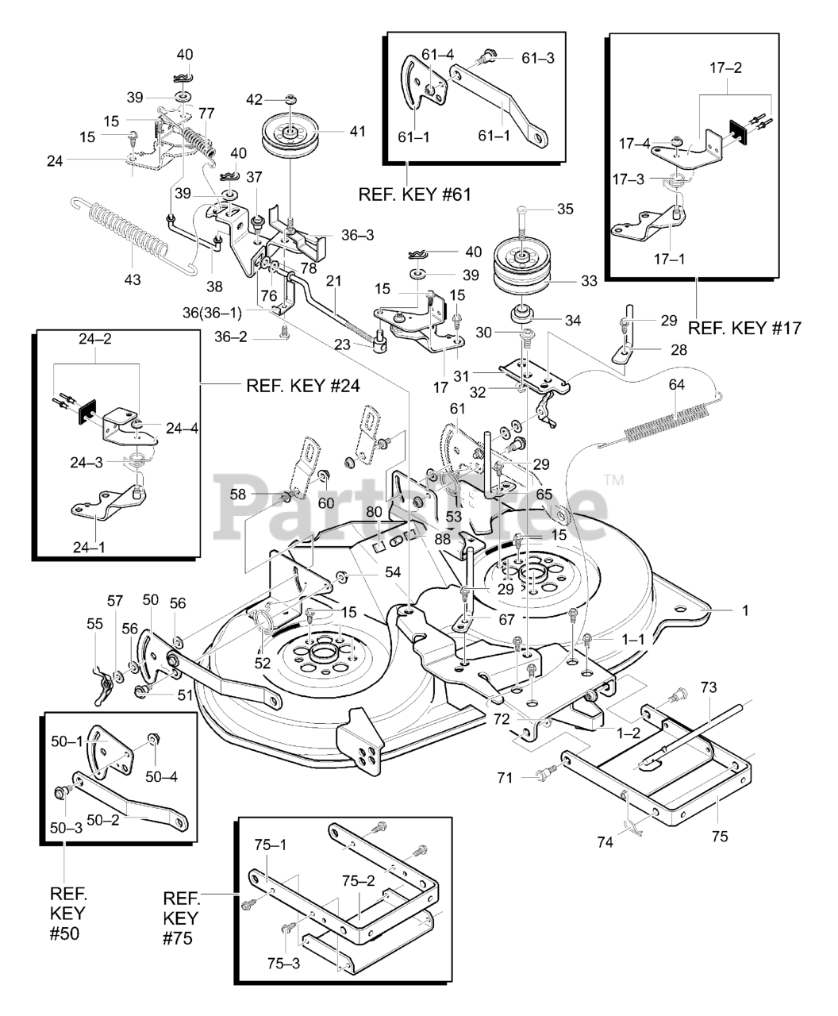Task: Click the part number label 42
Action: pyautogui.click(x=254, y=99)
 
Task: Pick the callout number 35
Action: pyautogui.click(x=564, y=210)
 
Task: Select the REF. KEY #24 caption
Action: pyautogui.click(x=303, y=386)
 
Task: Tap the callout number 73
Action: pyautogui.click(x=708, y=686)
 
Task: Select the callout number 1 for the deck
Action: pyautogui.click(x=744, y=610)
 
